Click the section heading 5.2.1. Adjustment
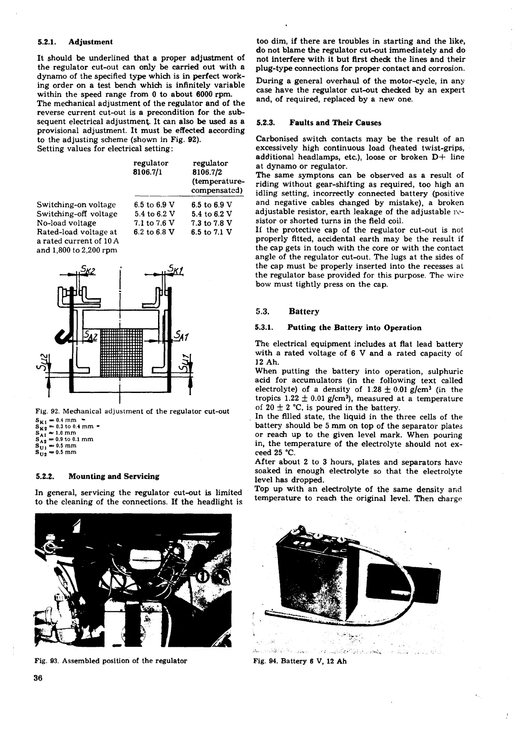(75, 42)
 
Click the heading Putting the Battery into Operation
(338, 328)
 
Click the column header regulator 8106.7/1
(151, 167)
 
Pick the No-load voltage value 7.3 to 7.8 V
(212, 223)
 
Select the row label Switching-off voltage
(77, 214)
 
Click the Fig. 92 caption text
(132, 411)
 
